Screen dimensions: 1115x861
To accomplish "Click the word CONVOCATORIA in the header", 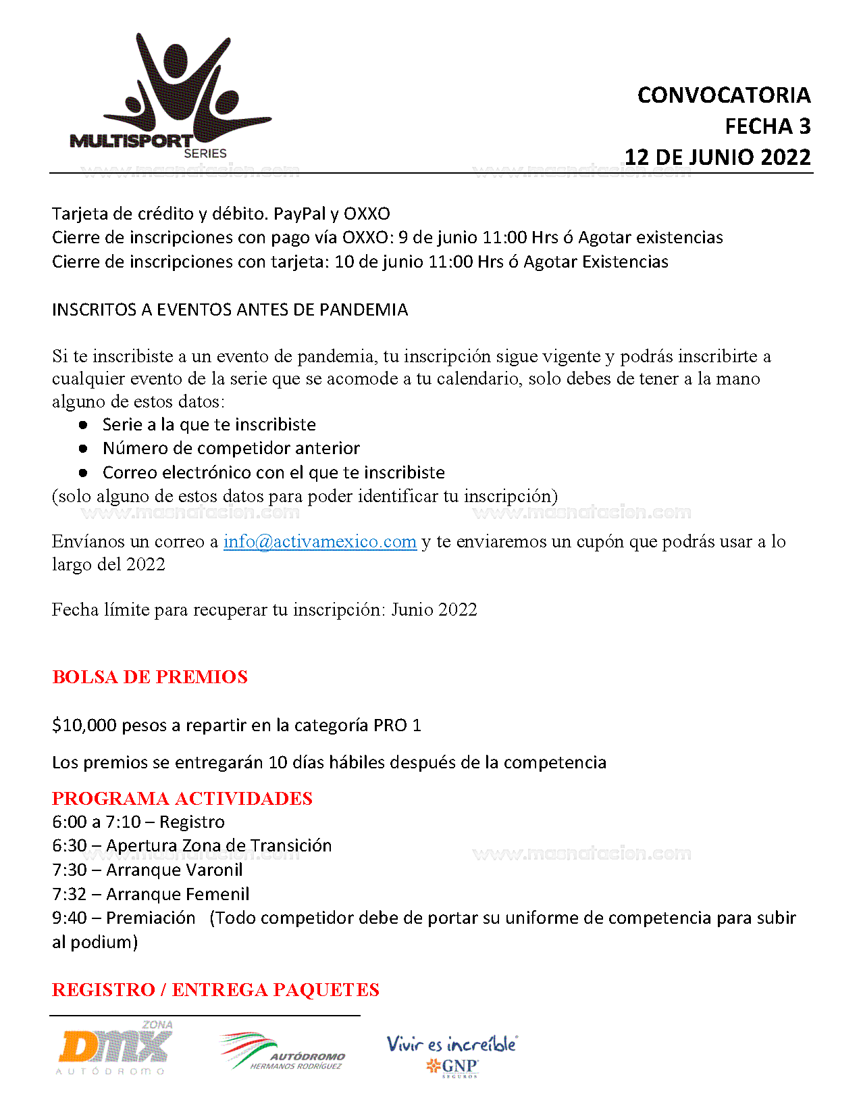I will (x=723, y=95).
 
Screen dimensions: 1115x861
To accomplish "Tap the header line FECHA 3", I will (x=767, y=126).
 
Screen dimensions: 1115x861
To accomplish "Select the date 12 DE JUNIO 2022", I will (x=717, y=157).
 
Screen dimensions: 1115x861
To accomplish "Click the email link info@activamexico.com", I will (x=319, y=542).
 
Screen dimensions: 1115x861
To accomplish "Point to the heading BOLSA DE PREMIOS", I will (x=150, y=677).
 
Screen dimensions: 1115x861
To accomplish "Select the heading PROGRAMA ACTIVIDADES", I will (x=182, y=799).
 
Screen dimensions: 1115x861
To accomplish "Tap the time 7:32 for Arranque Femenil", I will (x=69, y=895).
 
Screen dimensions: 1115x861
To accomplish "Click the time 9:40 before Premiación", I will (x=69, y=918).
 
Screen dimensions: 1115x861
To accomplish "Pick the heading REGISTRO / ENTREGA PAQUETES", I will (x=215, y=990).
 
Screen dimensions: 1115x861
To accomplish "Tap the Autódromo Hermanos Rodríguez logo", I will (x=282, y=1051).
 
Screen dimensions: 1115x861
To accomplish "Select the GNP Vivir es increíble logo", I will (x=452, y=1055).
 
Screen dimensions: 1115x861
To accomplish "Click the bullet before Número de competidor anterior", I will (x=83, y=449).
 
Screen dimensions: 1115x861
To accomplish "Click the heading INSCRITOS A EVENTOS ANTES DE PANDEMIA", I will (x=230, y=310).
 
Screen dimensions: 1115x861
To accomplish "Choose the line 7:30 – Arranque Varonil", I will (x=147, y=870).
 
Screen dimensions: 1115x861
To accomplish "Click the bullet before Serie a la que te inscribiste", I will (x=83, y=425).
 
